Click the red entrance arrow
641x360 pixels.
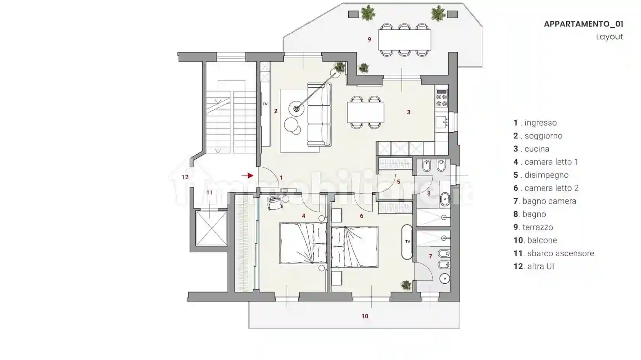(248, 175)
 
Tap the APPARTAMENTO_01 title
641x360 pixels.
(583, 24)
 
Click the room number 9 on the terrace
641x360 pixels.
(369, 39)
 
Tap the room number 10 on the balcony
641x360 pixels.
(365, 316)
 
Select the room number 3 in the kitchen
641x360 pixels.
(409, 112)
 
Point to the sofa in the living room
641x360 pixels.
(319, 115)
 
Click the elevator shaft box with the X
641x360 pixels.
(211, 228)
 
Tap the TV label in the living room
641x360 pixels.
(265, 104)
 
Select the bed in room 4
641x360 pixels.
(303, 243)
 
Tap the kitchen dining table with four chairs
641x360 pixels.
(366, 112)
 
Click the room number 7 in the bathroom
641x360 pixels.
(430, 257)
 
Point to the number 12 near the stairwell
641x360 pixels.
(185, 177)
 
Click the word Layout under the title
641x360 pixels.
(610, 37)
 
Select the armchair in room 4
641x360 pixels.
(275, 202)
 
